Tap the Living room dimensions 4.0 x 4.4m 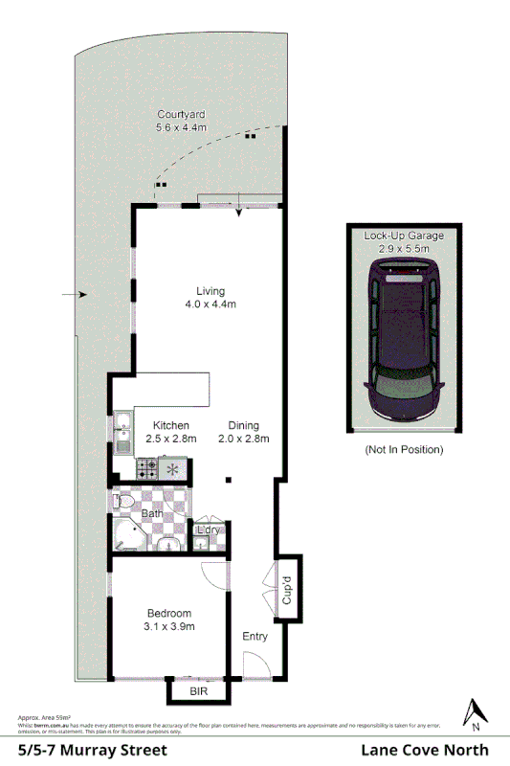click(211, 304)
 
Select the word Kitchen click(171, 425)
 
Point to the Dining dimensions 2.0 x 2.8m click(243, 439)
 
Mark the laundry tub click(203, 543)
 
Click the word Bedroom click(169, 614)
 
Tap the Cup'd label click(287, 587)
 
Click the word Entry click(255, 636)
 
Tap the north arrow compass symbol click(474, 712)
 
